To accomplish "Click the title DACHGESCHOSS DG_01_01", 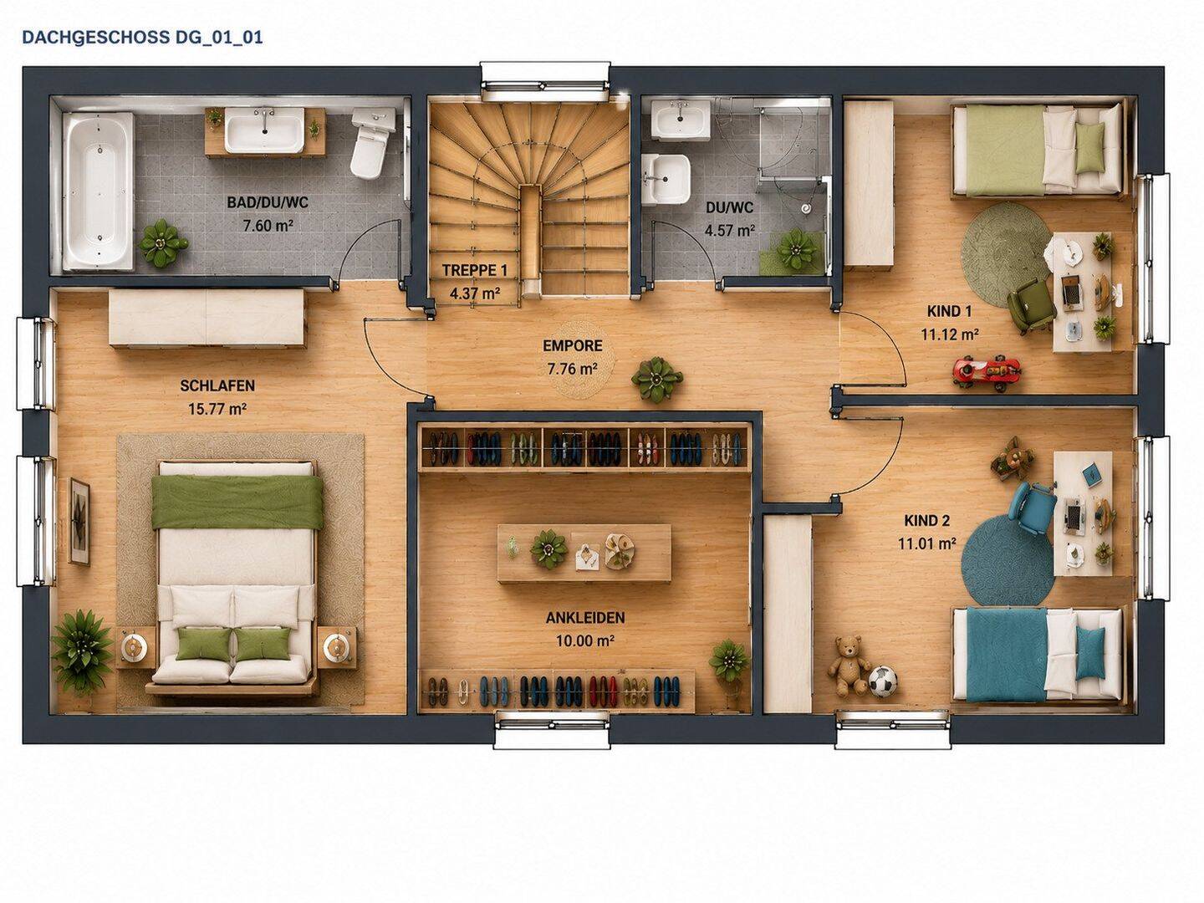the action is click(x=142, y=38).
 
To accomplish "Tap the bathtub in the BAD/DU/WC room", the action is click(x=98, y=191).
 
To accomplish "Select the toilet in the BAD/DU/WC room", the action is click(x=372, y=142).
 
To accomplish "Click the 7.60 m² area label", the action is click(x=267, y=226).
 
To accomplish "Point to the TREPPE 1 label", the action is click(x=474, y=270).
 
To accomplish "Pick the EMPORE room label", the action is click(x=572, y=345).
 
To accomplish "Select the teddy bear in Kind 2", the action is click(x=848, y=665).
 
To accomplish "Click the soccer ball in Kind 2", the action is click(x=883, y=681).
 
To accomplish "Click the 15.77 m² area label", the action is click(x=217, y=409).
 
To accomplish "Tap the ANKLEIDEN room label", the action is click(x=584, y=618).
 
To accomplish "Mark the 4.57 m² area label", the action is click(x=730, y=230).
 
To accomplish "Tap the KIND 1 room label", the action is click(x=950, y=311).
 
